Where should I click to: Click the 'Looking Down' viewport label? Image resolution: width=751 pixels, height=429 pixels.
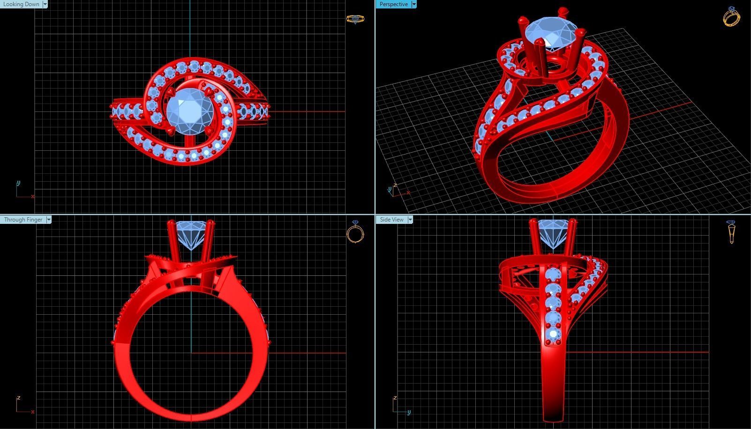coord(21,4)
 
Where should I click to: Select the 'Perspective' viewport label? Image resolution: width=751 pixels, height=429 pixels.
coord(393,4)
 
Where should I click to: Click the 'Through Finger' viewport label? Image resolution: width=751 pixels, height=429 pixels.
coord(23,220)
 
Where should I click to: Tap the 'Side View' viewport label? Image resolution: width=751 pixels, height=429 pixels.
coord(392,220)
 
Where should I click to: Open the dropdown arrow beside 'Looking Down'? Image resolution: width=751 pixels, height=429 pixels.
coord(45,4)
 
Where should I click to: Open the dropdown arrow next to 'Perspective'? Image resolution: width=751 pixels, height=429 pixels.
coord(414,4)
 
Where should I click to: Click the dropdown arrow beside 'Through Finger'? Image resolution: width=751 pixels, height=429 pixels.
coord(49,220)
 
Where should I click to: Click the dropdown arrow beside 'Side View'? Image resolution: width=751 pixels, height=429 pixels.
coord(410,220)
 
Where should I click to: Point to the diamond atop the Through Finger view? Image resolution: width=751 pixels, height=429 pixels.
coord(191,234)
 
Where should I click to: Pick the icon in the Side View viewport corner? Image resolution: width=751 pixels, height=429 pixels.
coord(731,232)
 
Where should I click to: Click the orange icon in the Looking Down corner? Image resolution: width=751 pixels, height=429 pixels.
coord(355,19)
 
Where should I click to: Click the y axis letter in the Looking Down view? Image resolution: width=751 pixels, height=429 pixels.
coord(18,183)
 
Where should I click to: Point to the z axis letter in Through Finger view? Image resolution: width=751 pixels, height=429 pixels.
coord(18,398)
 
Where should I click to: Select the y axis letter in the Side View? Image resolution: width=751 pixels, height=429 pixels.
coord(409,412)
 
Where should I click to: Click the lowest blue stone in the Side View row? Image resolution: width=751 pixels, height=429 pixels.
coord(554,334)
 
